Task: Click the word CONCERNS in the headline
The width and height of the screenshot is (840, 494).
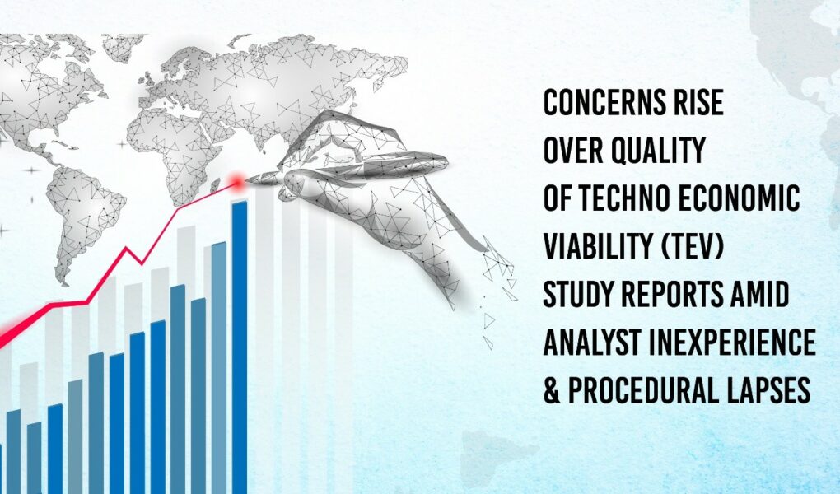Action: coord(595,102)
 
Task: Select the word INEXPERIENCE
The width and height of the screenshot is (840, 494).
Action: coord(732,343)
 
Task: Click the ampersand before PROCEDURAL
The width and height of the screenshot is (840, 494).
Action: coord(552,390)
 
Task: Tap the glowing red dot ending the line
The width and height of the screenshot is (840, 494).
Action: coord(236,184)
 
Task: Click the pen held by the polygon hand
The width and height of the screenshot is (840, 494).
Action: coord(348,168)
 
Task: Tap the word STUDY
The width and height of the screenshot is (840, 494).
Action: coord(579,294)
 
